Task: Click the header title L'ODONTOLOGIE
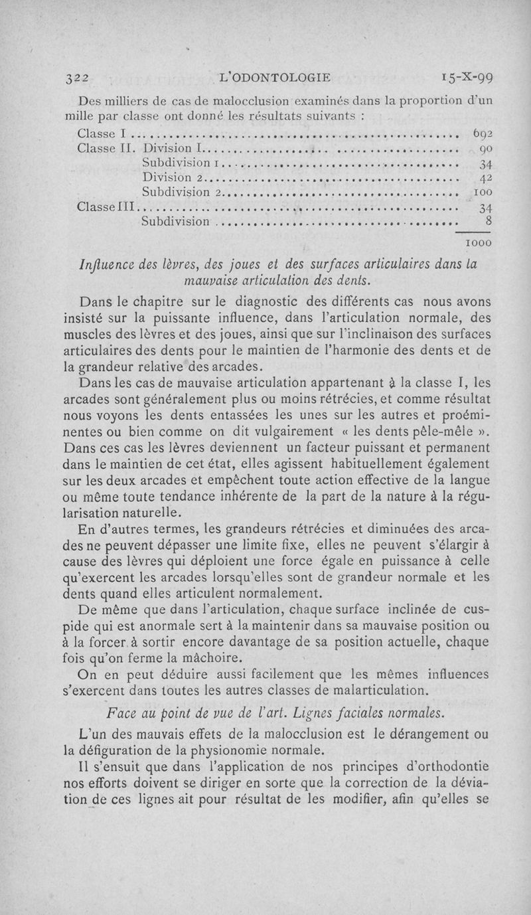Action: (x=274, y=77)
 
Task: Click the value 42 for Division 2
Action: (x=484, y=178)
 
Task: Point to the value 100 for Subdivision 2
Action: (x=481, y=193)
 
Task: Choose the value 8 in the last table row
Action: (x=488, y=222)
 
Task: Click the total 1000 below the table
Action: (x=477, y=243)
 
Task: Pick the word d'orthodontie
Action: (x=448, y=766)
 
